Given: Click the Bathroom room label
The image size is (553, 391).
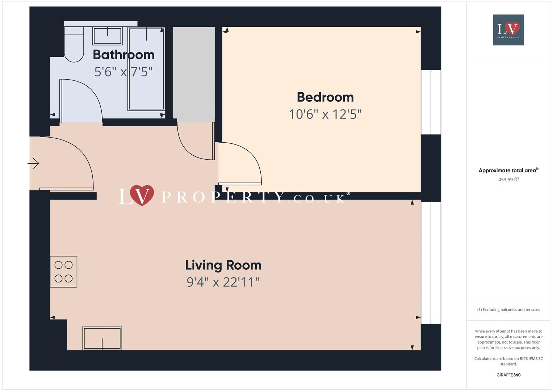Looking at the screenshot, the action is tap(124, 55).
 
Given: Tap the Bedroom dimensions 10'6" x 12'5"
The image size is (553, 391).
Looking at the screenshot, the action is tap(325, 114).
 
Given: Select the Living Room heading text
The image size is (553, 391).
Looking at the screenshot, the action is tap(223, 265).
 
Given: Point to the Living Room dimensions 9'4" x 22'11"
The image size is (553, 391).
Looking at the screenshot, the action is tap(223, 282).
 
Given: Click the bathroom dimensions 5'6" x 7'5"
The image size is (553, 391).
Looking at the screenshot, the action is tap(123, 72).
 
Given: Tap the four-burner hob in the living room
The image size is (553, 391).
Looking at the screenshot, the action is tap(63, 272).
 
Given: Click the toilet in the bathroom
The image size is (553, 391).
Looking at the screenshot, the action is tap(74, 45).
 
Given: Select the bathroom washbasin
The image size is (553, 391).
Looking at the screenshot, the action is tap(108, 36).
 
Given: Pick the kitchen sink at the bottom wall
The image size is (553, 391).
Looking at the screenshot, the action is tap(102, 338).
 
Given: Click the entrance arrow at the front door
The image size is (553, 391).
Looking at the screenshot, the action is tap(33, 163).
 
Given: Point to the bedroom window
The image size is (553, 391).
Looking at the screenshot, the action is tap(431, 102).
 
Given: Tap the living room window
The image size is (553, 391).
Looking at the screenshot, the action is tap(431, 262).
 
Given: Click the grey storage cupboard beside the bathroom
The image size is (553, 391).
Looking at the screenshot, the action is tap(193, 74).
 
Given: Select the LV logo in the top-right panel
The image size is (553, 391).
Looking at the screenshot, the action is tap(508, 30).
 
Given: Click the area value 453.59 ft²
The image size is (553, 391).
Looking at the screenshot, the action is tap(508, 180).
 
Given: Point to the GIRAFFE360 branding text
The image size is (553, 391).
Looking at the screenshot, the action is tap(508, 375).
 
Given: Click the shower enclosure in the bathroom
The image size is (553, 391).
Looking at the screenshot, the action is tap(146, 69).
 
